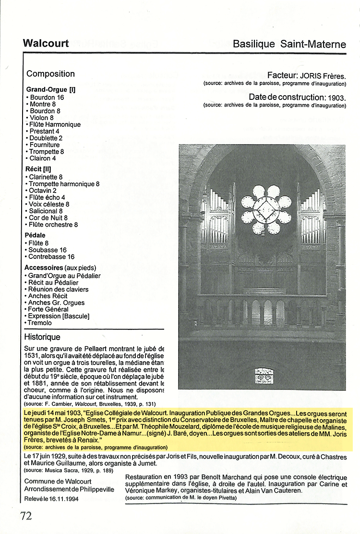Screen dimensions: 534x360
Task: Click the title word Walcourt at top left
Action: coord(46,44)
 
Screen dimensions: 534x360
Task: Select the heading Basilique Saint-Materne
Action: coord(289,44)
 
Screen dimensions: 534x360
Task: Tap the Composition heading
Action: coord(50,74)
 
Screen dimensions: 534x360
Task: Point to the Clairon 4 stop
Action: coord(43,158)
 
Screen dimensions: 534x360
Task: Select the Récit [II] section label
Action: coord(37,169)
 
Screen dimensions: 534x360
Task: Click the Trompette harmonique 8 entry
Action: coord(64,184)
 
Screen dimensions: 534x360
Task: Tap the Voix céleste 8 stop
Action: coord(49,204)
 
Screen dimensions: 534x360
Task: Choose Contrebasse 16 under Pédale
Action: coord(51,256)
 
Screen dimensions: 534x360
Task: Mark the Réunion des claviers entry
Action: coord(58,290)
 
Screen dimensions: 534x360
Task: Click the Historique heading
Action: coord(42,337)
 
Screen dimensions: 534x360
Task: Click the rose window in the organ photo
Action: coord(266,209)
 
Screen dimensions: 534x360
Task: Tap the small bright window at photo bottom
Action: coord(264,376)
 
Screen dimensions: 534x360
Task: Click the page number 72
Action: coord(26,516)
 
